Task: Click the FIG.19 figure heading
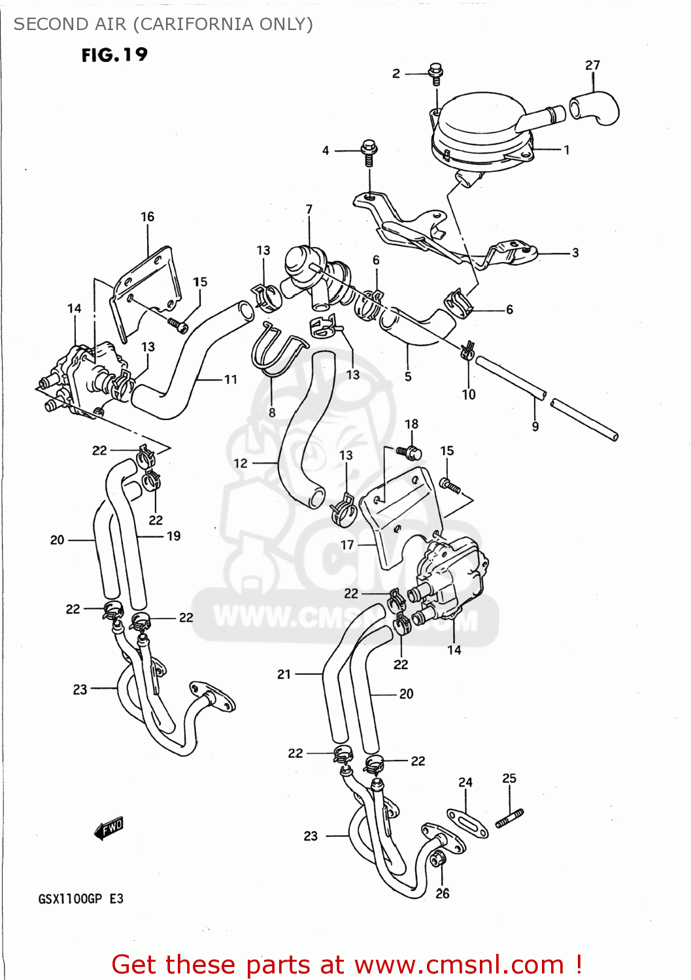tap(114, 55)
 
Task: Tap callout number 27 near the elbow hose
tap(592, 65)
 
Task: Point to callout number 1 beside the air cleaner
tap(567, 150)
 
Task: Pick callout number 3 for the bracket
tap(575, 253)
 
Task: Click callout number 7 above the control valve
tap(309, 209)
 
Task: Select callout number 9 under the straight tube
tap(535, 427)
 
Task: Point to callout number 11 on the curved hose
tap(231, 379)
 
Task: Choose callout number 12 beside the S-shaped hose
tap(241, 463)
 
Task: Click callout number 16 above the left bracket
tap(148, 216)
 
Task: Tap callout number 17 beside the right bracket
tap(347, 544)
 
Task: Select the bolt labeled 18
tap(411, 451)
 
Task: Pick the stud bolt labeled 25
tap(509, 817)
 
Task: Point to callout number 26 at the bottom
tap(443, 893)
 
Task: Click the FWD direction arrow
tap(109, 828)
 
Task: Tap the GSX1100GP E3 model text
tap(81, 899)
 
